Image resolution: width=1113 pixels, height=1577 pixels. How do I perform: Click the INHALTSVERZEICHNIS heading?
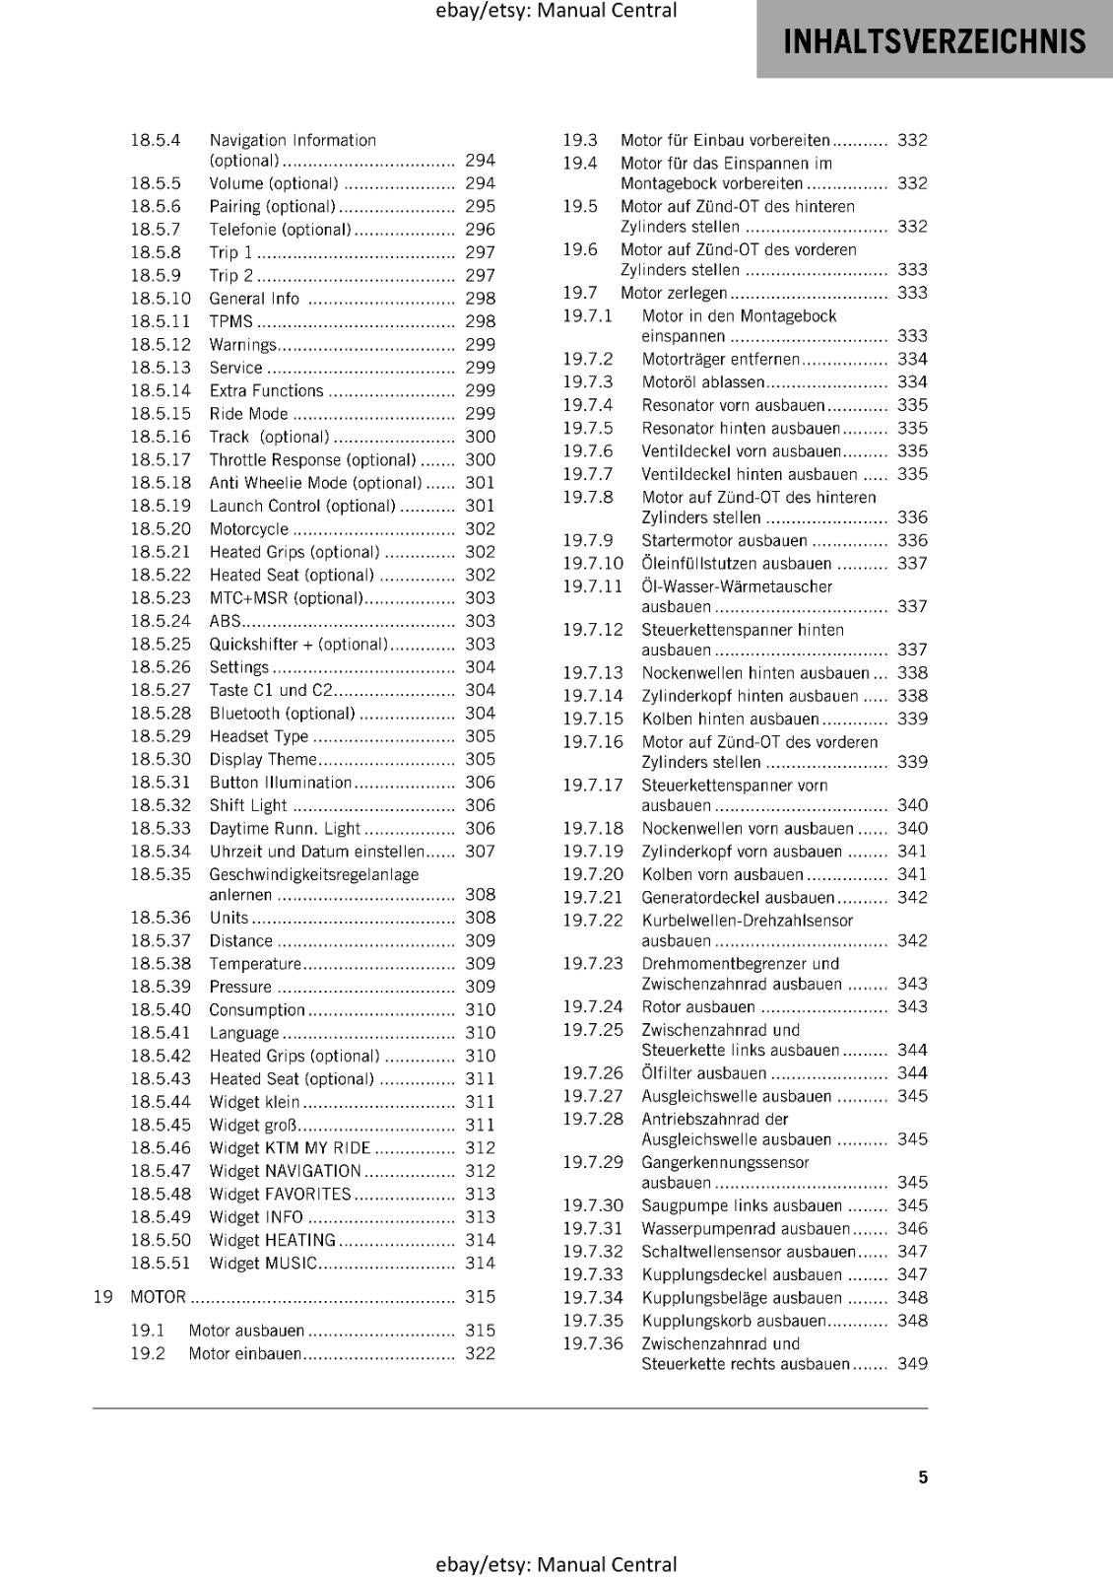tap(934, 41)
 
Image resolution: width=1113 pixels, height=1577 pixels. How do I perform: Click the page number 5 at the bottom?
tap(923, 1476)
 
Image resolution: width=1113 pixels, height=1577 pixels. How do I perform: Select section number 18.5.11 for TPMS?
tap(161, 321)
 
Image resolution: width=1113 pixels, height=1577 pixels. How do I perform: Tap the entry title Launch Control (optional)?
tap(302, 506)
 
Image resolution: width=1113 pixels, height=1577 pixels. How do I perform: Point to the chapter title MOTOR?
tap(159, 1297)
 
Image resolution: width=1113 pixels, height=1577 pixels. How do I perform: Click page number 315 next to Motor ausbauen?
tap(480, 1331)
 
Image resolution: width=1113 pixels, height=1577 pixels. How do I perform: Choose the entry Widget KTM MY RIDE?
tap(290, 1147)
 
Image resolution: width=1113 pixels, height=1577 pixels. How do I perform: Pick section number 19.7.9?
tap(588, 540)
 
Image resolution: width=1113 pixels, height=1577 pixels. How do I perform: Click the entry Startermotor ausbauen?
tap(724, 540)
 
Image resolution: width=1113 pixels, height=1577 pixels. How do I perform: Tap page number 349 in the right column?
tap(912, 1364)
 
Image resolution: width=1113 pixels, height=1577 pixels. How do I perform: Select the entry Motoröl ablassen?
tap(703, 382)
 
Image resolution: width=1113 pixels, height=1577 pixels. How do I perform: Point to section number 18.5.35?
tap(161, 874)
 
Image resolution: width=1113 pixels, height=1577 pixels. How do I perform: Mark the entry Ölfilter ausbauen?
tap(703, 1072)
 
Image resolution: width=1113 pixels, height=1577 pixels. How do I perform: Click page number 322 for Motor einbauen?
tap(480, 1353)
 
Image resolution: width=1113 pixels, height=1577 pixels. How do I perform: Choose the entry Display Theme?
tap(263, 759)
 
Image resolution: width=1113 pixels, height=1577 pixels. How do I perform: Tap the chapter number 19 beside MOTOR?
tap(102, 1297)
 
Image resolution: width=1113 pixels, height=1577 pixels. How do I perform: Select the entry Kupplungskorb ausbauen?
tap(734, 1321)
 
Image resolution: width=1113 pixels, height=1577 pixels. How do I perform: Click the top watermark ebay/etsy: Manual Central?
tap(556, 11)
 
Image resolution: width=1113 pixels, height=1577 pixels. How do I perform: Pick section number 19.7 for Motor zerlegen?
tap(580, 293)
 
